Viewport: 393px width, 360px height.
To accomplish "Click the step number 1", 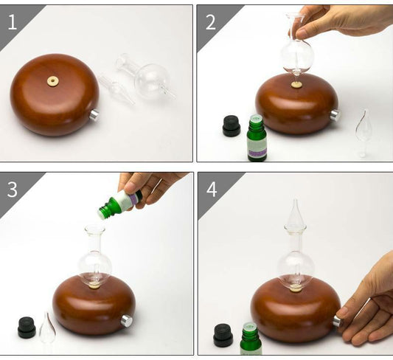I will point(12,21).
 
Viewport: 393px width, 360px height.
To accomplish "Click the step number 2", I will point(210,21).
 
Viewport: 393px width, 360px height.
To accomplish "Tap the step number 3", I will point(13,189).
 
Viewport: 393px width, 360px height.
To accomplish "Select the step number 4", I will point(212,189).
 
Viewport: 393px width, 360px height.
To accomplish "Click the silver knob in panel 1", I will point(94,115).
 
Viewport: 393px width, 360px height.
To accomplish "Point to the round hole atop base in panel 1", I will point(53,81).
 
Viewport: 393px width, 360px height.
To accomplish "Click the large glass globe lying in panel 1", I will point(151,79).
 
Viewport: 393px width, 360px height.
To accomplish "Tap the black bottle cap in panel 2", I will point(232,125).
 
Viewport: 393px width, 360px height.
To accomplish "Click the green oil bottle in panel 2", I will point(257,139).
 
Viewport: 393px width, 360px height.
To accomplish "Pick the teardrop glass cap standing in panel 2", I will point(363,131).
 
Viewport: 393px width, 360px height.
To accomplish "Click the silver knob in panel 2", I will point(335,114).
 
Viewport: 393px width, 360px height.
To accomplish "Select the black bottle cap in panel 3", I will point(27,328).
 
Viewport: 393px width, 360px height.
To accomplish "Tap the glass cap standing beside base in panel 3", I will point(48,329).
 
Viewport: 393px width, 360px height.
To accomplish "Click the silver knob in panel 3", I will point(127,321).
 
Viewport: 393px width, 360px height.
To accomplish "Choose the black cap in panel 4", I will point(223,335).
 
